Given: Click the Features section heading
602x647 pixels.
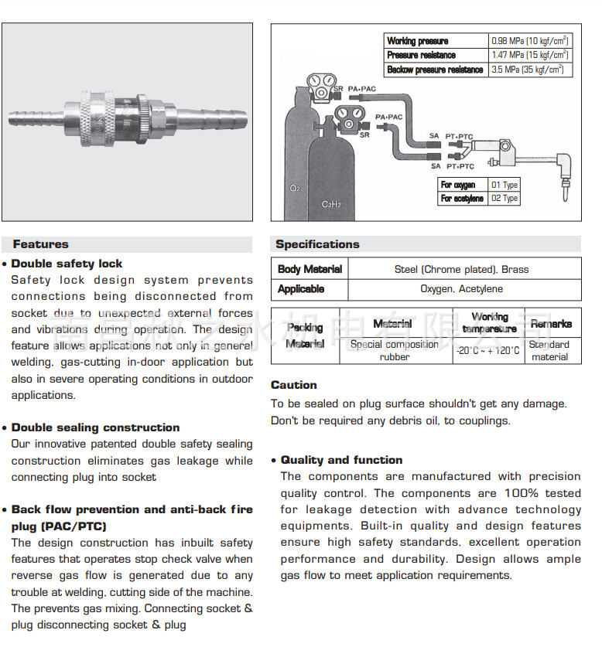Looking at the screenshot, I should tap(40, 244).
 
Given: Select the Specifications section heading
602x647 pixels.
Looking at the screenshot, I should tap(317, 244).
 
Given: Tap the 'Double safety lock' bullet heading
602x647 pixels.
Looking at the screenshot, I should tap(67, 264).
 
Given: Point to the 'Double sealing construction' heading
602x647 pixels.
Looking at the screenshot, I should tap(95, 427).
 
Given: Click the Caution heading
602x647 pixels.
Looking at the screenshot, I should tap(293, 385).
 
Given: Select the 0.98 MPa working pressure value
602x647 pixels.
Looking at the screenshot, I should tap(530, 41).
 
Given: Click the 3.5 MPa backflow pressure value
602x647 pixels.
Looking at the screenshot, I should tap(530, 70).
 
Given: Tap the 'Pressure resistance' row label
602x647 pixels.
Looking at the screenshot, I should tap(422, 55).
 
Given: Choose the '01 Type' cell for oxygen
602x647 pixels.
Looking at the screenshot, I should tap(505, 185).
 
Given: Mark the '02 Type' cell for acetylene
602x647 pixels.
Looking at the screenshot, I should tap(505, 199).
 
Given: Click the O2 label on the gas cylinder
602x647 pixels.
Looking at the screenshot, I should tap(295, 188).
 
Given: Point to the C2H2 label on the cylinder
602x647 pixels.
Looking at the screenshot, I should tap(331, 205).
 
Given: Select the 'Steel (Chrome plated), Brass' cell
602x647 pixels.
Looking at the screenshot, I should tap(461, 269).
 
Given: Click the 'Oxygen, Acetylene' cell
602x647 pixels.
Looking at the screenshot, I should tap(461, 289).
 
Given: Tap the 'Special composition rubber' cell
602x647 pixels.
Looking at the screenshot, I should tap(395, 350).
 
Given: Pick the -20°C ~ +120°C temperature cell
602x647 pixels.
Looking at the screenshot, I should tap(488, 350).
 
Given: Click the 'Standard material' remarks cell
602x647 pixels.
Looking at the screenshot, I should tap(550, 350).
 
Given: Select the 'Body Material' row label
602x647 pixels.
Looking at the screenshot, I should tap(310, 269).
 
